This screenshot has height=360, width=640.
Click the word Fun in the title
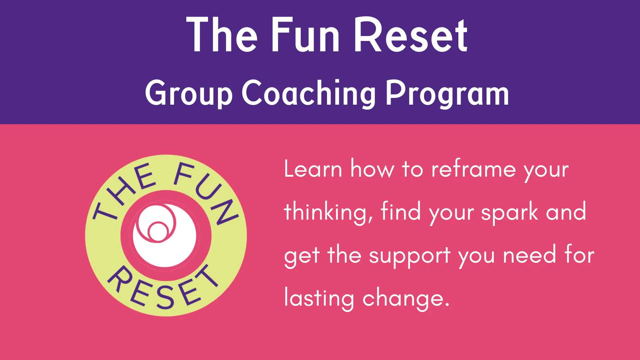[305, 35]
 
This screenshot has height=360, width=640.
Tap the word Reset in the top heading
[411, 35]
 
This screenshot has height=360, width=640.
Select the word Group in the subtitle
[189, 93]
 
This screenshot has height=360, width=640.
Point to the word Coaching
[309, 93]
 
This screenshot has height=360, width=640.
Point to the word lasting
[319, 298]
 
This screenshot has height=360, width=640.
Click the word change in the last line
[403, 298]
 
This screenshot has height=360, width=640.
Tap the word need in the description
[530, 255]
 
